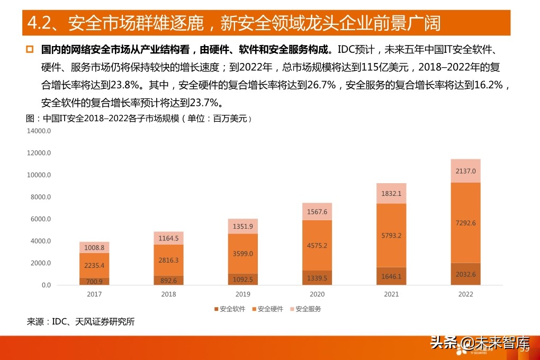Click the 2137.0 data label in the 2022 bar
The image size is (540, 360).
click(x=466, y=171)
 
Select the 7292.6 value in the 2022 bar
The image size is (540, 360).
click(x=466, y=223)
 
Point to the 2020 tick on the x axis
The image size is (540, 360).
click(x=317, y=294)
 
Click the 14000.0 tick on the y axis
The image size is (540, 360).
click(x=39, y=131)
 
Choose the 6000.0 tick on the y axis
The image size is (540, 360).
click(x=40, y=219)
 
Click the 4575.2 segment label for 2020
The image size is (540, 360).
click(x=317, y=246)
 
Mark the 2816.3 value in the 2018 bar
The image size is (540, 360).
click(x=168, y=260)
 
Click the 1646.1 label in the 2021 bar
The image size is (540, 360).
click(x=391, y=276)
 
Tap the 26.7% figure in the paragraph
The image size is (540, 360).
click(x=318, y=84)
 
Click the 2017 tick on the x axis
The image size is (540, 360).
click(x=94, y=294)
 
